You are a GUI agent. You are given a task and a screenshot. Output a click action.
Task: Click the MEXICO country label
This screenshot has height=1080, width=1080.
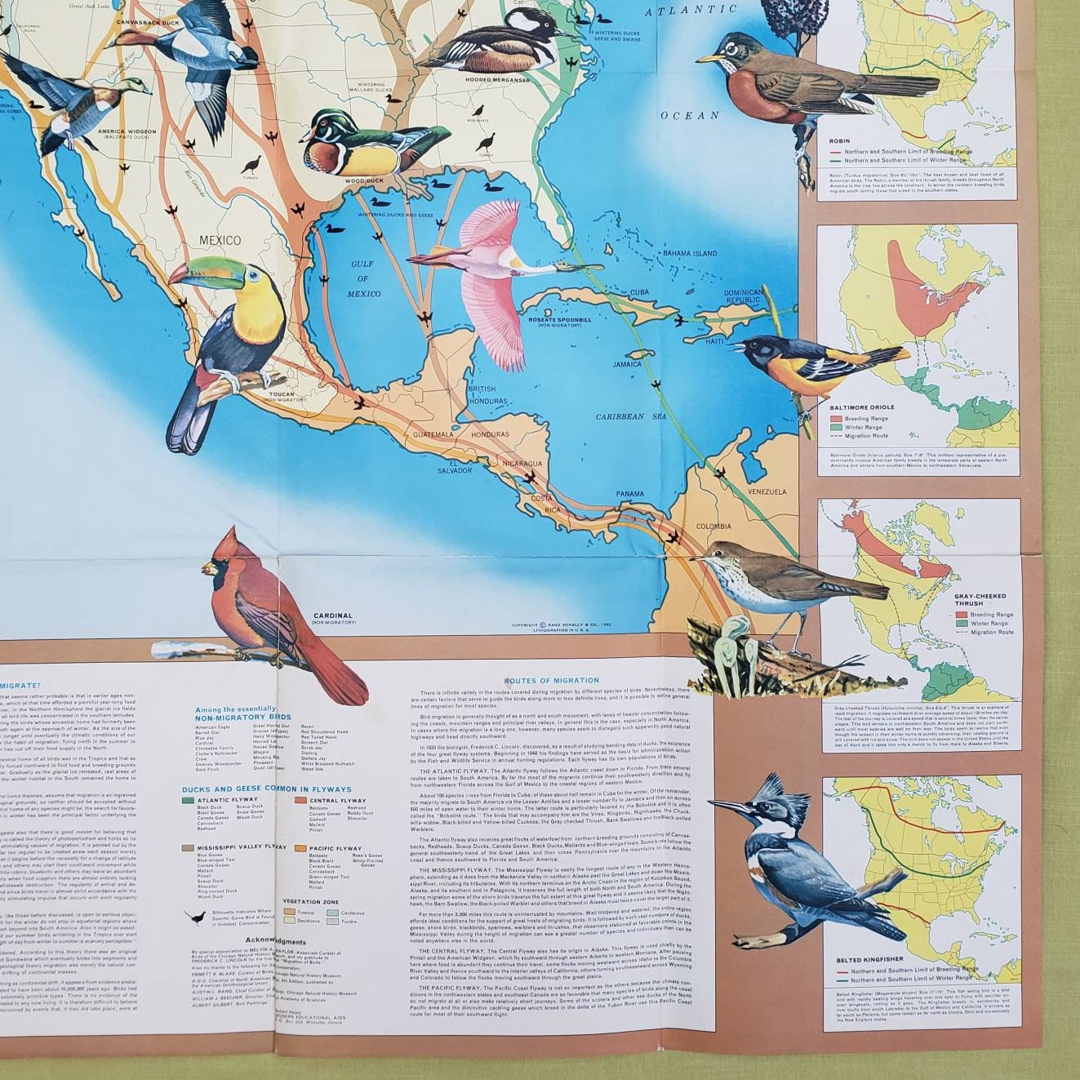click(220, 241)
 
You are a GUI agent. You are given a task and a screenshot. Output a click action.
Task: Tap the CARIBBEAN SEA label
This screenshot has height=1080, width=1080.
click(631, 417)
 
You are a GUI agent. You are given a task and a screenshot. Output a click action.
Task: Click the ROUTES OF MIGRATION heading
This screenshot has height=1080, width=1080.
click(551, 680)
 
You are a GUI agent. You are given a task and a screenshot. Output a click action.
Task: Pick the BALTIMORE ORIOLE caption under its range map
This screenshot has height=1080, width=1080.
click(860, 407)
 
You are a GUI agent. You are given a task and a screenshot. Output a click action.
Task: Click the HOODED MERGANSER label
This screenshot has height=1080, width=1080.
click(497, 80)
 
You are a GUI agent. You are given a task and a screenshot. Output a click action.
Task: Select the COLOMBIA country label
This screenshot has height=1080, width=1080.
click(713, 527)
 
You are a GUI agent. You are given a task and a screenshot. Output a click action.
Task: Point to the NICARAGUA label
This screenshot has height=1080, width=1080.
click(522, 464)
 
